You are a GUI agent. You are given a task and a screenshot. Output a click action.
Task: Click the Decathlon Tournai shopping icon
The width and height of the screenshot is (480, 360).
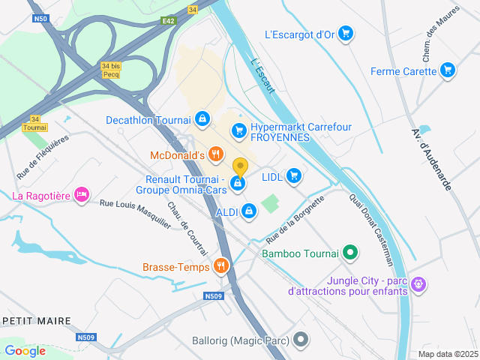click(x=202, y=118)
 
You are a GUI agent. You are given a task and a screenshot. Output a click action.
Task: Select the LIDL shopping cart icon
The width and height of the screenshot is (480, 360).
click(x=293, y=176)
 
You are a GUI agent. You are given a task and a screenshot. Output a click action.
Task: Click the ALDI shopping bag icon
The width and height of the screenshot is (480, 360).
click(x=249, y=212)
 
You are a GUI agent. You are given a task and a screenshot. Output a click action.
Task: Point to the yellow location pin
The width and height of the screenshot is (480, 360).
click(x=240, y=166)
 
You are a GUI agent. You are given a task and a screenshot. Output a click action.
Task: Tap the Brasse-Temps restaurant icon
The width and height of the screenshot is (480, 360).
click(x=221, y=265)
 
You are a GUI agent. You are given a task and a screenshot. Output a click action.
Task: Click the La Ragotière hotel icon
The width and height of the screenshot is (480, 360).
click(x=82, y=196)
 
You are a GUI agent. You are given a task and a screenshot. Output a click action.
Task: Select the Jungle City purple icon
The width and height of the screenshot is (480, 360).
click(x=419, y=285)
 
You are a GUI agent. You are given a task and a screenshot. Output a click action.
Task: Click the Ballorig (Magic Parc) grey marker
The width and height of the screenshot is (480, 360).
click(x=301, y=340)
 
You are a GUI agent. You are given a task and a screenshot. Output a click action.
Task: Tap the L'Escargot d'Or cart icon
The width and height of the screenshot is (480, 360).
click(x=345, y=33)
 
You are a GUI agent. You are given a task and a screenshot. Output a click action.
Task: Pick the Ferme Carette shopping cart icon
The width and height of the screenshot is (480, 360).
click(x=448, y=71)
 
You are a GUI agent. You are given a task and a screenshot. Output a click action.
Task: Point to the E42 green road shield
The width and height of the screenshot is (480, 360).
click(x=168, y=22)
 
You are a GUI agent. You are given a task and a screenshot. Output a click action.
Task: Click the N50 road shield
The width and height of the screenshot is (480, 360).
click(x=40, y=18)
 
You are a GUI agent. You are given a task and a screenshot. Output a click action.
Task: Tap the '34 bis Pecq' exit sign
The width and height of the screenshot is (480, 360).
click(x=110, y=70)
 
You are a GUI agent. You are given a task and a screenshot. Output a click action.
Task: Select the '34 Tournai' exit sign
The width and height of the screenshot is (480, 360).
click(x=34, y=123)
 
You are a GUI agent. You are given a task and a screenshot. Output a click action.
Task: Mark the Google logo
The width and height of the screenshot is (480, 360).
click(x=25, y=350)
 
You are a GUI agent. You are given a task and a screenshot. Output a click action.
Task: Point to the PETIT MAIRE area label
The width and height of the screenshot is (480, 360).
click(x=37, y=321)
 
